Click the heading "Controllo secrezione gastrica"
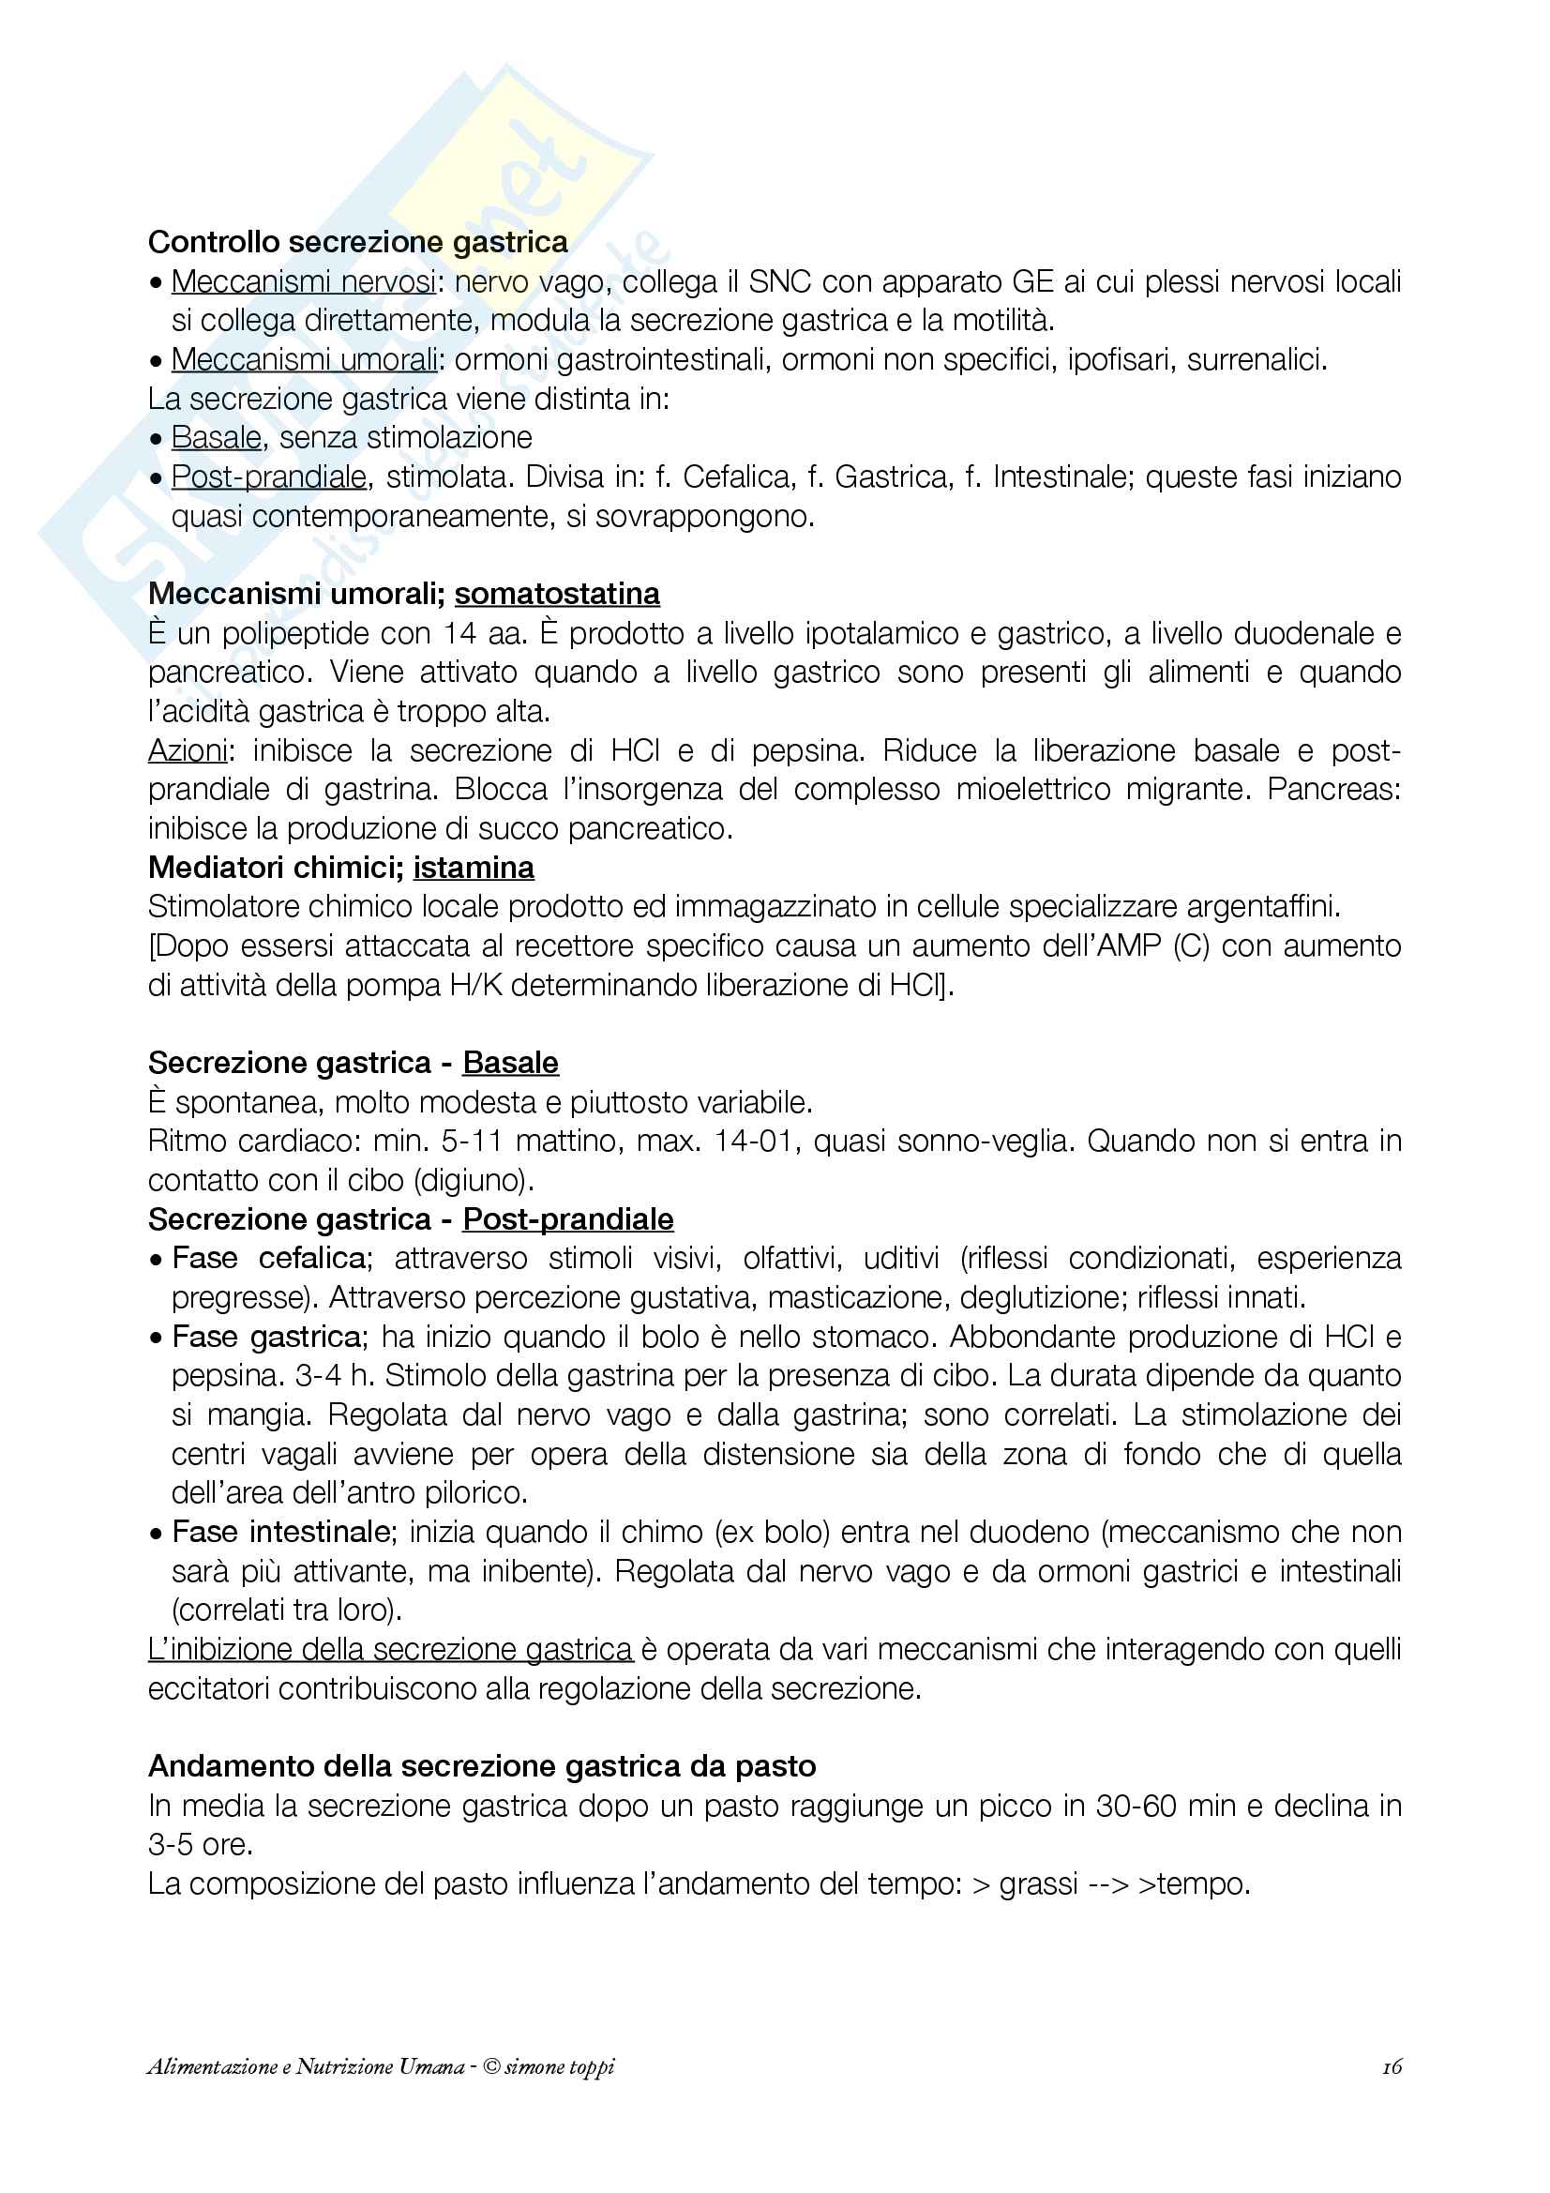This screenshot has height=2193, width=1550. point(358,243)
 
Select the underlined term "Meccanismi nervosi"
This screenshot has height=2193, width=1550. point(303,281)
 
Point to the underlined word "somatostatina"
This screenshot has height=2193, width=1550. point(557,594)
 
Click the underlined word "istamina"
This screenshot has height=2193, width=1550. point(474,869)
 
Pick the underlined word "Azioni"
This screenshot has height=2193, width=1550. point(188,750)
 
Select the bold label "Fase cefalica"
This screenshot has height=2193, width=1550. point(268,1259)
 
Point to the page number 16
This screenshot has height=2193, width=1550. point(1392,2067)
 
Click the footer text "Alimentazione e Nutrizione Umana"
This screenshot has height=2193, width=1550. point(306,2067)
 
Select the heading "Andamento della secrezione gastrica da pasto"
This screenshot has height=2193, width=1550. point(482,1767)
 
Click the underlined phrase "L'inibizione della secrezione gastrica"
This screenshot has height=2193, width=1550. point(390,1650)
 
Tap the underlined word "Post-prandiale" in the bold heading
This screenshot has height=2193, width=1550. point(568,1219)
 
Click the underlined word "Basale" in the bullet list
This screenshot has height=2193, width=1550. point(216,438)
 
